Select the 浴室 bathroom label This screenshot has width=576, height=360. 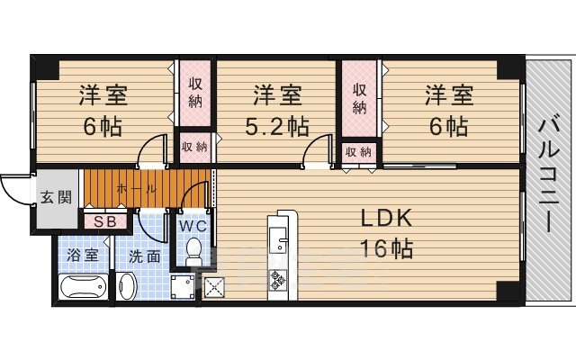[85, 256]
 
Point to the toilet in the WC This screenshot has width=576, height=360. [192, 255]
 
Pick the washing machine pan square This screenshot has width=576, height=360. [183, 287]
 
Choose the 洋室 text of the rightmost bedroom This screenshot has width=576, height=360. [448, 94]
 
